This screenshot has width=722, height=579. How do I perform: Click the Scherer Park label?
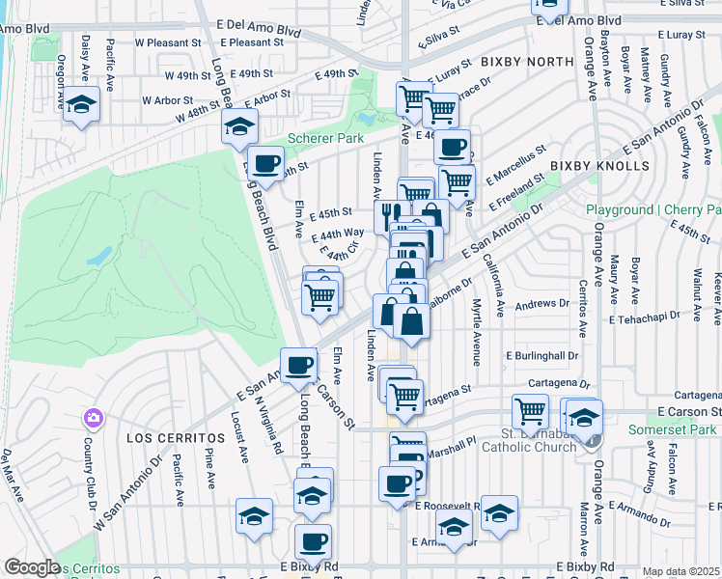point(325,139)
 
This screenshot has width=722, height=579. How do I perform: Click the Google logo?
point(32,567)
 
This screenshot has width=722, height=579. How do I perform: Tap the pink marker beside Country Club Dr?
point(94,419)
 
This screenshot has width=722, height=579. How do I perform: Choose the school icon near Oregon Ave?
point(82,104)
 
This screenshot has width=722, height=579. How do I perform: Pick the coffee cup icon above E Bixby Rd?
point(313,542)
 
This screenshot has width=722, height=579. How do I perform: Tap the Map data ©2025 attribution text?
point(681,571)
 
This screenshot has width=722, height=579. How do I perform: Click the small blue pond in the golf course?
point(98,257)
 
